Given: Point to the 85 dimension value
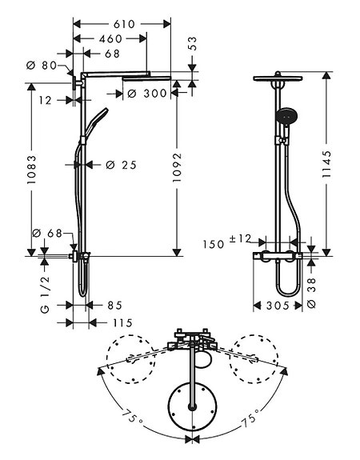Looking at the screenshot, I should click(115, 305).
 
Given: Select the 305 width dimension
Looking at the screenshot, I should click(275, 305).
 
